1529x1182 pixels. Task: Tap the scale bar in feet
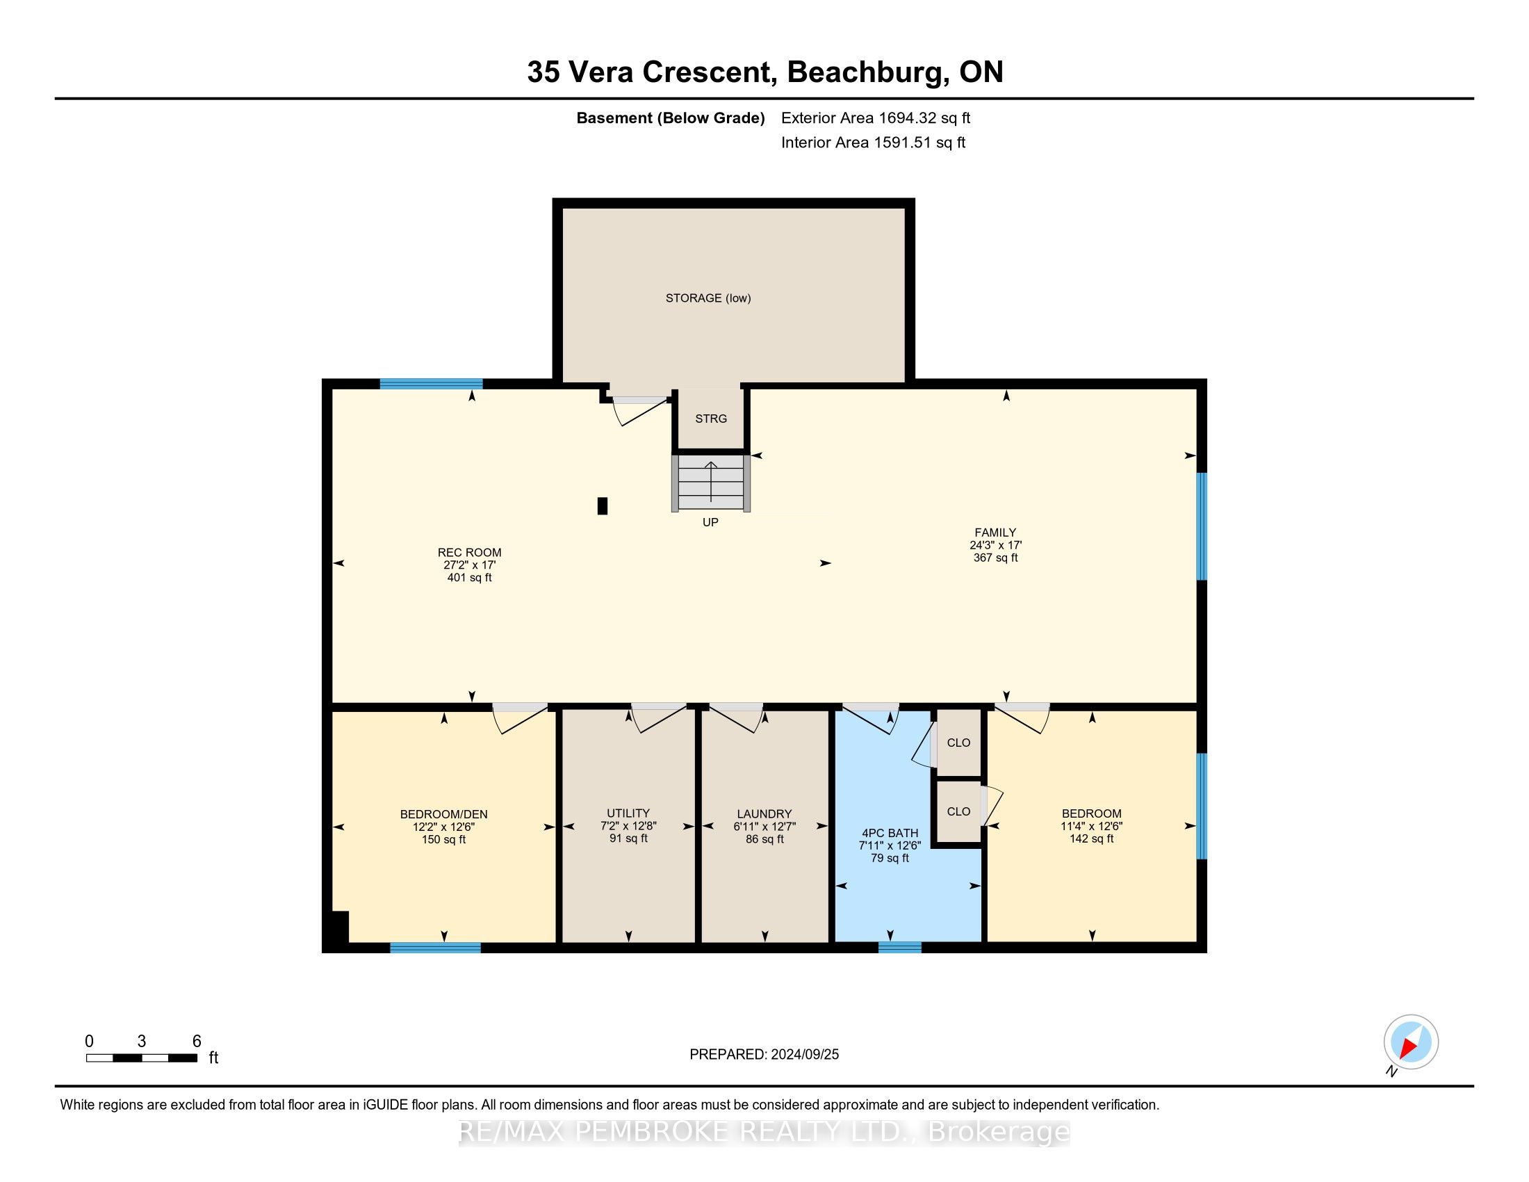(141, 1058)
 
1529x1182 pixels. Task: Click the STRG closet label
(710, 419)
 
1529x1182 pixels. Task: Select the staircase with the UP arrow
(710, 483)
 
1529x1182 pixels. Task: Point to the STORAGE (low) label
(708, 298)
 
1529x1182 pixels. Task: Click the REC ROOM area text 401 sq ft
(469, 578)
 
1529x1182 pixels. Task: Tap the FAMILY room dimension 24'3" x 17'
(995, 545)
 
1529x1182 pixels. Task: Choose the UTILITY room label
(628, 813)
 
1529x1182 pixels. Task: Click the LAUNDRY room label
(764, 813)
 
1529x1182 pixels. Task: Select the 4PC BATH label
(890, 833)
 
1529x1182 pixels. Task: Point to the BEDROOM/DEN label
(444, 814)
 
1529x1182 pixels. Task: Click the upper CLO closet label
(958, 743)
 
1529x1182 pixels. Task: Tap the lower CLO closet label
(958, 811)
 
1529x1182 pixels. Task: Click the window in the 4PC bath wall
(899, 948)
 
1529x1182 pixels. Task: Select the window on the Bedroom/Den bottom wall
(436, 948)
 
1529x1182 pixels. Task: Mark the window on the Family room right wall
(1202, 526)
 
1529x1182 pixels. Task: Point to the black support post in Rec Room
(602, 505)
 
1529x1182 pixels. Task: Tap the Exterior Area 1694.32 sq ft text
(876, 118)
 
